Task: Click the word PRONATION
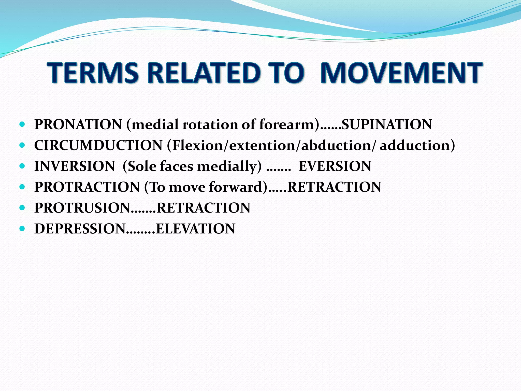pyautogui.click(x=78, y=124)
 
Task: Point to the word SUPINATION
pyautogui.click(x=387, y=124)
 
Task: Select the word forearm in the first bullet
pyautogui.click(x=289, y=124)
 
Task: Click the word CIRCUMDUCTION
pyautogui.click(x=98, y=145)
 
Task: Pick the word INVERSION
pyautogui.click(x=75, y=166)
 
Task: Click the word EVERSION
pyautogui.click(x=335, y=166)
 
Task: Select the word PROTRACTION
pyautogui.click(x=87, y=187)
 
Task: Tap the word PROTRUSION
pyautogui.click(x=82, y=208)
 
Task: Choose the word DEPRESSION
pyautogui.click(x=80, y=229)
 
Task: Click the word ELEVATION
pyautogui.click(x=195, y=229)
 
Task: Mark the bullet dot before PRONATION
pyautogui.click(x=22, y=124)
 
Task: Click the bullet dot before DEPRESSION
pyautogui.click(x=22, y=229)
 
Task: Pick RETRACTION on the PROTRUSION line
pyautogui.click(x=204, y=208)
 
